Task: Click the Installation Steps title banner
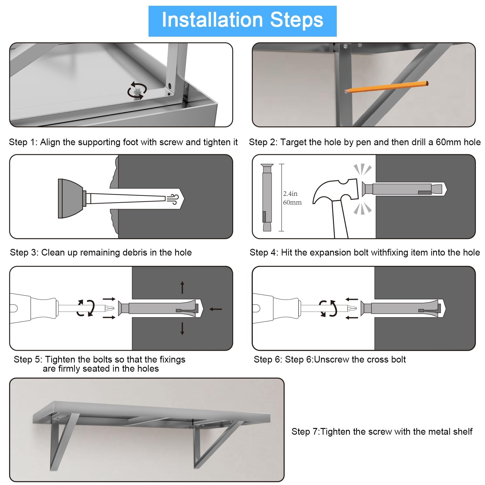coord(242,21)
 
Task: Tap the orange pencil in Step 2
coord(386,87)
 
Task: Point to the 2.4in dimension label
coord(290,193)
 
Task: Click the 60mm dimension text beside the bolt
coord(292,202)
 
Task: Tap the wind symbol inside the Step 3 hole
coord(172,199)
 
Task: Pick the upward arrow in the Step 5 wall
coord(182,287)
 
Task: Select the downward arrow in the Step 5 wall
coord(182,329)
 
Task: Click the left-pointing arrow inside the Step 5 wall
coord(216,309)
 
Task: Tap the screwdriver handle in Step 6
coord(276,308)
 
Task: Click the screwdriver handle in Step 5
coord(34,308)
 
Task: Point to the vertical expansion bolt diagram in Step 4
coord(267,197)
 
